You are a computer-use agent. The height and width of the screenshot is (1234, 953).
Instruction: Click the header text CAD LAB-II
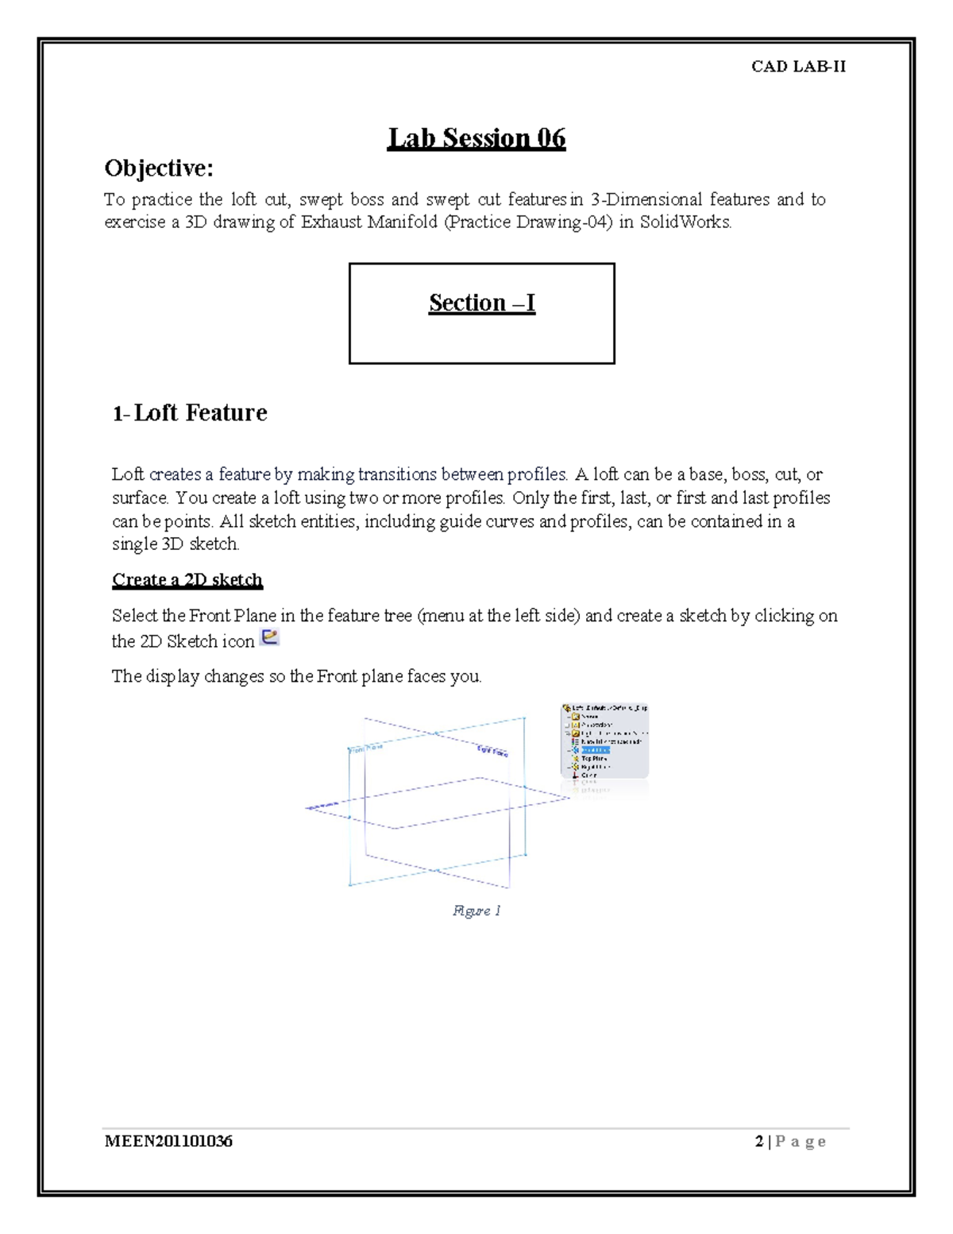pyautogui.click(x=798, y=67)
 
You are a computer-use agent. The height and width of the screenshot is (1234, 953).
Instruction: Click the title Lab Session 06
pyautogui.click(x=476, y=138)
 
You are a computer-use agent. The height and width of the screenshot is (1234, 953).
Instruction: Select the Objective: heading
pyautogui.click(x=159, y=168)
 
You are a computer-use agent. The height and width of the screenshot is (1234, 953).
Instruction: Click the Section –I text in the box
pyautogui.click(x=482, y=303)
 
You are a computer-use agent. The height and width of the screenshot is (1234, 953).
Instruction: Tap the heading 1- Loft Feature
pyautogui.click(x=190, y=412)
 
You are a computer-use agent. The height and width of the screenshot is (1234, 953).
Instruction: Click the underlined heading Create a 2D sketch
pyautogui.click(x=187, y=580)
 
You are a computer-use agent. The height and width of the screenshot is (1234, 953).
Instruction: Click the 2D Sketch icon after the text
pyautogui.click(x=270, y=637)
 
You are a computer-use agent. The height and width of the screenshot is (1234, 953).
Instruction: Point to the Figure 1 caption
pyautogui.click(x=476, y=911)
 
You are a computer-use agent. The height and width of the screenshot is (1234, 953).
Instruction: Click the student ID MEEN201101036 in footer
pyautogui.click(x=168, y=1142)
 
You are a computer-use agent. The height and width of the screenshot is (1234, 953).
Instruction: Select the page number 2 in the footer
pyautogui.click(x=759, y=1142)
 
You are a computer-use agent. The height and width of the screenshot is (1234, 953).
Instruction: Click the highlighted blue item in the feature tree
pyautogui.click(x=595, y=750)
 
